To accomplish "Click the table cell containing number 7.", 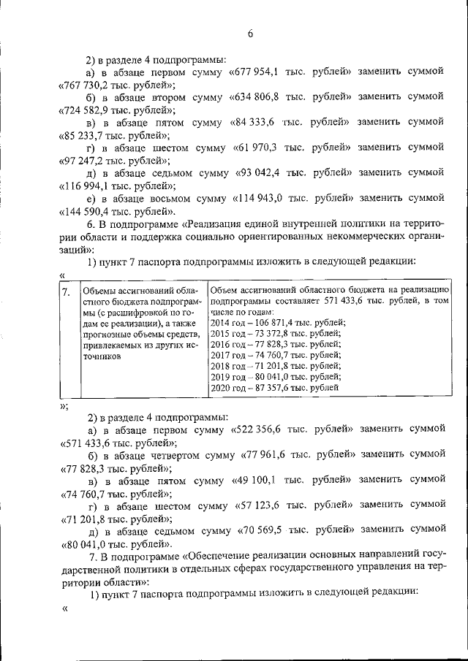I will [67, 291].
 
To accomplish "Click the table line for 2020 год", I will [274, 389].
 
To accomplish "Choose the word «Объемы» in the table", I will [99, 291].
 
